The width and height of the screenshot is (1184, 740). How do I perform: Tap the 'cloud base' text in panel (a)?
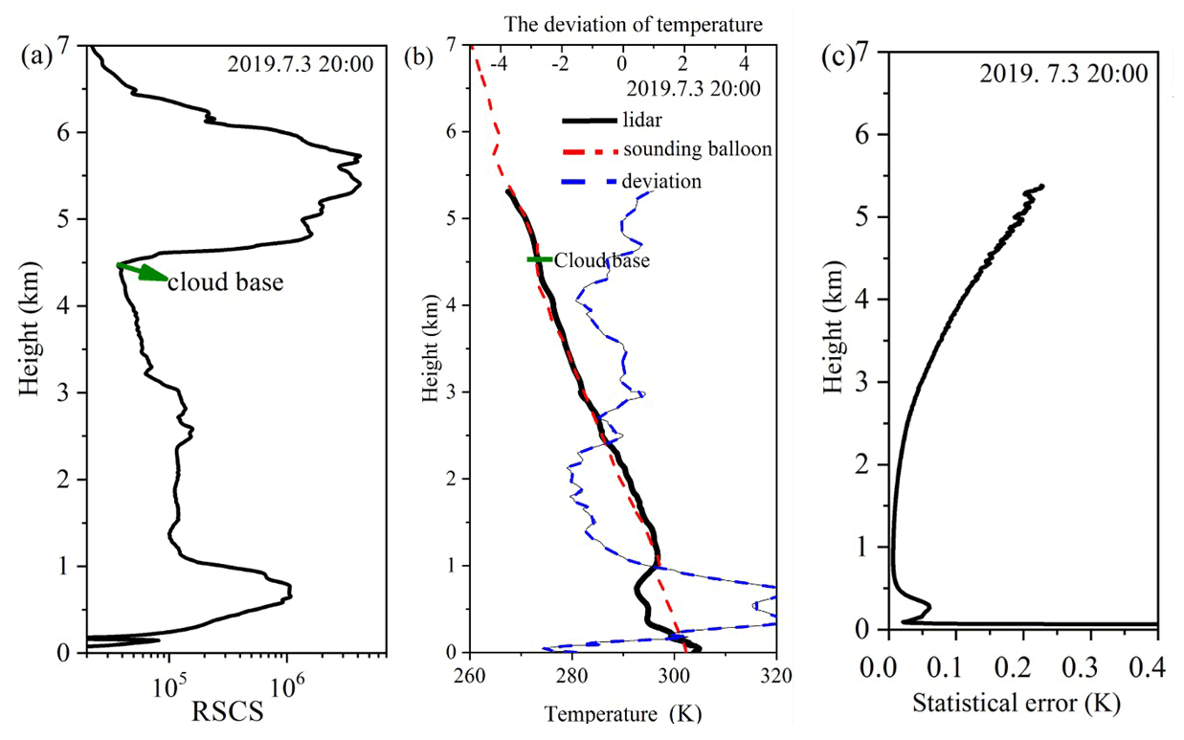pos(225,281)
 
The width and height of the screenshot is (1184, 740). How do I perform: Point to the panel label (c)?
pos(840,57)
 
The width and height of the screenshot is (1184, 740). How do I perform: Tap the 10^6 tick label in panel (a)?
pos(286,684)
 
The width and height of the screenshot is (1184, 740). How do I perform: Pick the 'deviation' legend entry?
pos(661,180)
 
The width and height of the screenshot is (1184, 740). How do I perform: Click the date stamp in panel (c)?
pos(1063,74)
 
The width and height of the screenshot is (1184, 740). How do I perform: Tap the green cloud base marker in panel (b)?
pos(539,259)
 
